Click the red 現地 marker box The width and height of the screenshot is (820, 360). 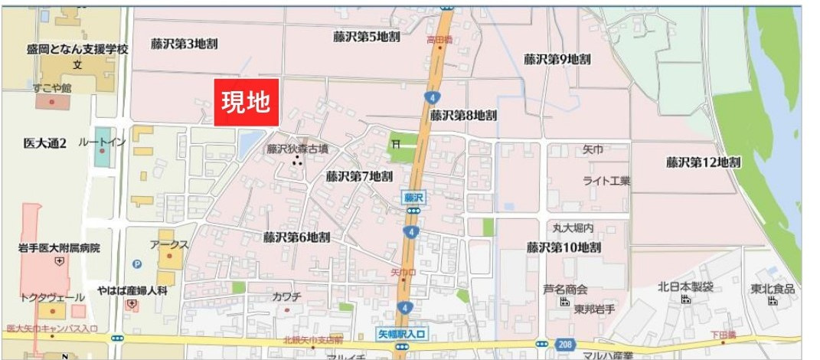tap(247, 103)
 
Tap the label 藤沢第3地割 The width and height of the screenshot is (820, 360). tap(184, 44)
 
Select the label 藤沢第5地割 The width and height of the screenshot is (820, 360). tap(367, 36)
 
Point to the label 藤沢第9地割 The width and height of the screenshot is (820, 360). tap(557, 58)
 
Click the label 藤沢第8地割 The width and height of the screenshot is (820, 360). tap(463, 115)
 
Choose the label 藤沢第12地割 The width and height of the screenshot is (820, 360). tap(703, 162)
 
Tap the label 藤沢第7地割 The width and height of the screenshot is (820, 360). tap(359, 175)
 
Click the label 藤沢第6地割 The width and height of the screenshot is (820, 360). tap(296, 237)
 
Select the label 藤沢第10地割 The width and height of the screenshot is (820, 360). tap(564, 247)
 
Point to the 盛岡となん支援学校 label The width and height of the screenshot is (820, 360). tap(77, 49)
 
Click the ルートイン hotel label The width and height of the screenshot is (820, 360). tap(101, 142)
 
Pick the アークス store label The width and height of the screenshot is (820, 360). tap(169, 244)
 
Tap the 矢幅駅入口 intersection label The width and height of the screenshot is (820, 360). tap(401, 333)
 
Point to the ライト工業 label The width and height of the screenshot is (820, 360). tap(606, 181)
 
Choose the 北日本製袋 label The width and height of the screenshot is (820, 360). tap(685, 287)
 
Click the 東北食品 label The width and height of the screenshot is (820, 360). tap(773, 289)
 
